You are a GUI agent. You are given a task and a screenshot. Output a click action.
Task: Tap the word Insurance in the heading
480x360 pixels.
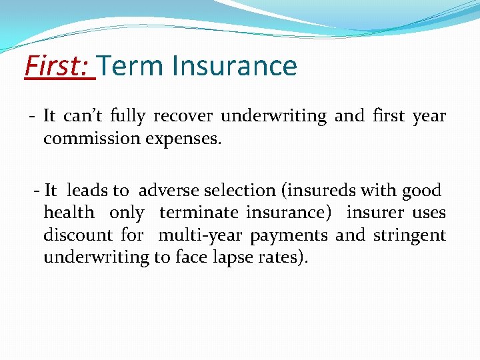pos(234,66)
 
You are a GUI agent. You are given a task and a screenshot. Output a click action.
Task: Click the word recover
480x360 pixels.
pos(183,116)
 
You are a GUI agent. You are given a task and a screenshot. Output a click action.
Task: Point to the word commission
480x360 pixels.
pos(87,139)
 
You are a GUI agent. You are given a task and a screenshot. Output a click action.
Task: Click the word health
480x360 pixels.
pos(69,213)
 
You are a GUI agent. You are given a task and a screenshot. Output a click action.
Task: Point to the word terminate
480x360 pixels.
pos(198,213)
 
